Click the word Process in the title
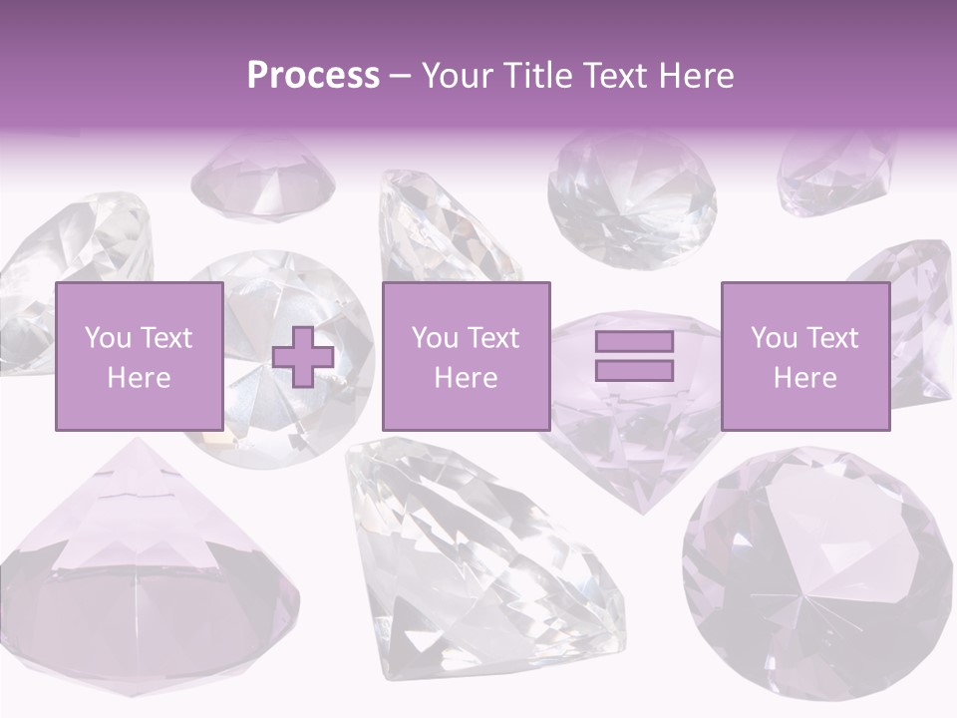(313, 76)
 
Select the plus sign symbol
(303, 356)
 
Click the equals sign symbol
(634, 356)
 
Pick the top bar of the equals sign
(634, 342)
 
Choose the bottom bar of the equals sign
(634, 370)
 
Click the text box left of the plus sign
(139, 356)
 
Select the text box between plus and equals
(466, 356)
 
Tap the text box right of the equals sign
(804, 356)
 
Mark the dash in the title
(400, 77)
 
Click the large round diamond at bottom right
(817, 573)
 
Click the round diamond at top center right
(631, 194)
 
